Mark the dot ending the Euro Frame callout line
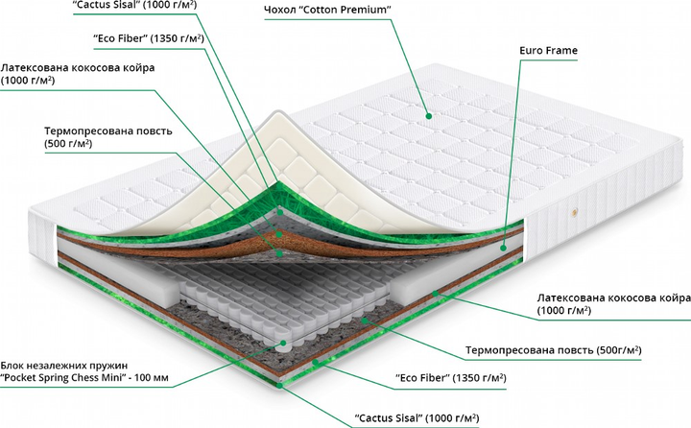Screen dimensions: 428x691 pos(504,247)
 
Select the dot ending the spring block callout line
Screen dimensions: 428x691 pos(284,341)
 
